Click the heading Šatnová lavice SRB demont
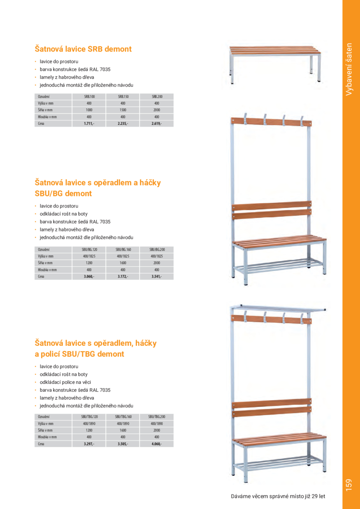coord(83,49)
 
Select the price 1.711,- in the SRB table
coord(89,124)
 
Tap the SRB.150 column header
coord(123,96)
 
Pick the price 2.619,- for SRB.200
coord(157,124)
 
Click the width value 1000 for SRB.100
coord(89,110)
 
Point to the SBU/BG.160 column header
coord(123,249)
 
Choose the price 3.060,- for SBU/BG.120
coord(89,277)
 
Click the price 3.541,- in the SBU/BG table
coord(157,277)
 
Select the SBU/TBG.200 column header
coord(157,417)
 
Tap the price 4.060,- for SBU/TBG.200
coord(157,444)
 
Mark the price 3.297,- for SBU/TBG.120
coord(89,444)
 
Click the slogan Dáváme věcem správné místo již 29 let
coord(278,496)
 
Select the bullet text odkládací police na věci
coord(65,382)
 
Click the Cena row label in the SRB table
coord(41,124)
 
